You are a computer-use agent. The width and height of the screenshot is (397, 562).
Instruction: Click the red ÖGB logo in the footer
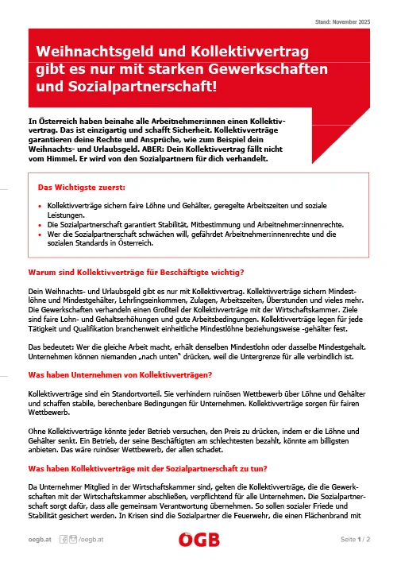pyautogui.click(x=198, y=540)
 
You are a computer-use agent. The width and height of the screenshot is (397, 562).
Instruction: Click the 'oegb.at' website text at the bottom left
pyautogui.click(x=42, y=540)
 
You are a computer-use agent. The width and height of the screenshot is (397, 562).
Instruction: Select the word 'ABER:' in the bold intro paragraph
pyautogui.click(x=165, y=147)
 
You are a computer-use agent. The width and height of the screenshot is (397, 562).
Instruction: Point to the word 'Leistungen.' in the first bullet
pyautogui.click(x=67, y=215)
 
